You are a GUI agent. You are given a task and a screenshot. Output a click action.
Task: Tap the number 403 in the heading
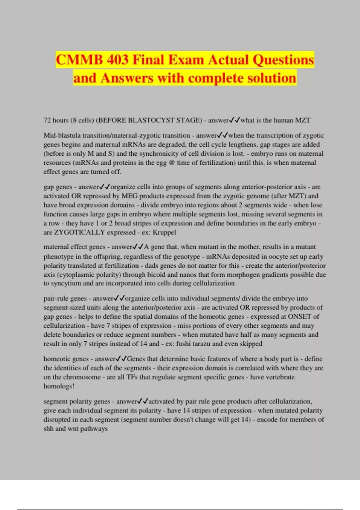116,60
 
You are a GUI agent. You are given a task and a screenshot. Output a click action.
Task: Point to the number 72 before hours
47,120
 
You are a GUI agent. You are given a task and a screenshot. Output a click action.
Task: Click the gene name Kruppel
164,232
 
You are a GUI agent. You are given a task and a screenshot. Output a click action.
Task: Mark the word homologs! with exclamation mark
59,386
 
